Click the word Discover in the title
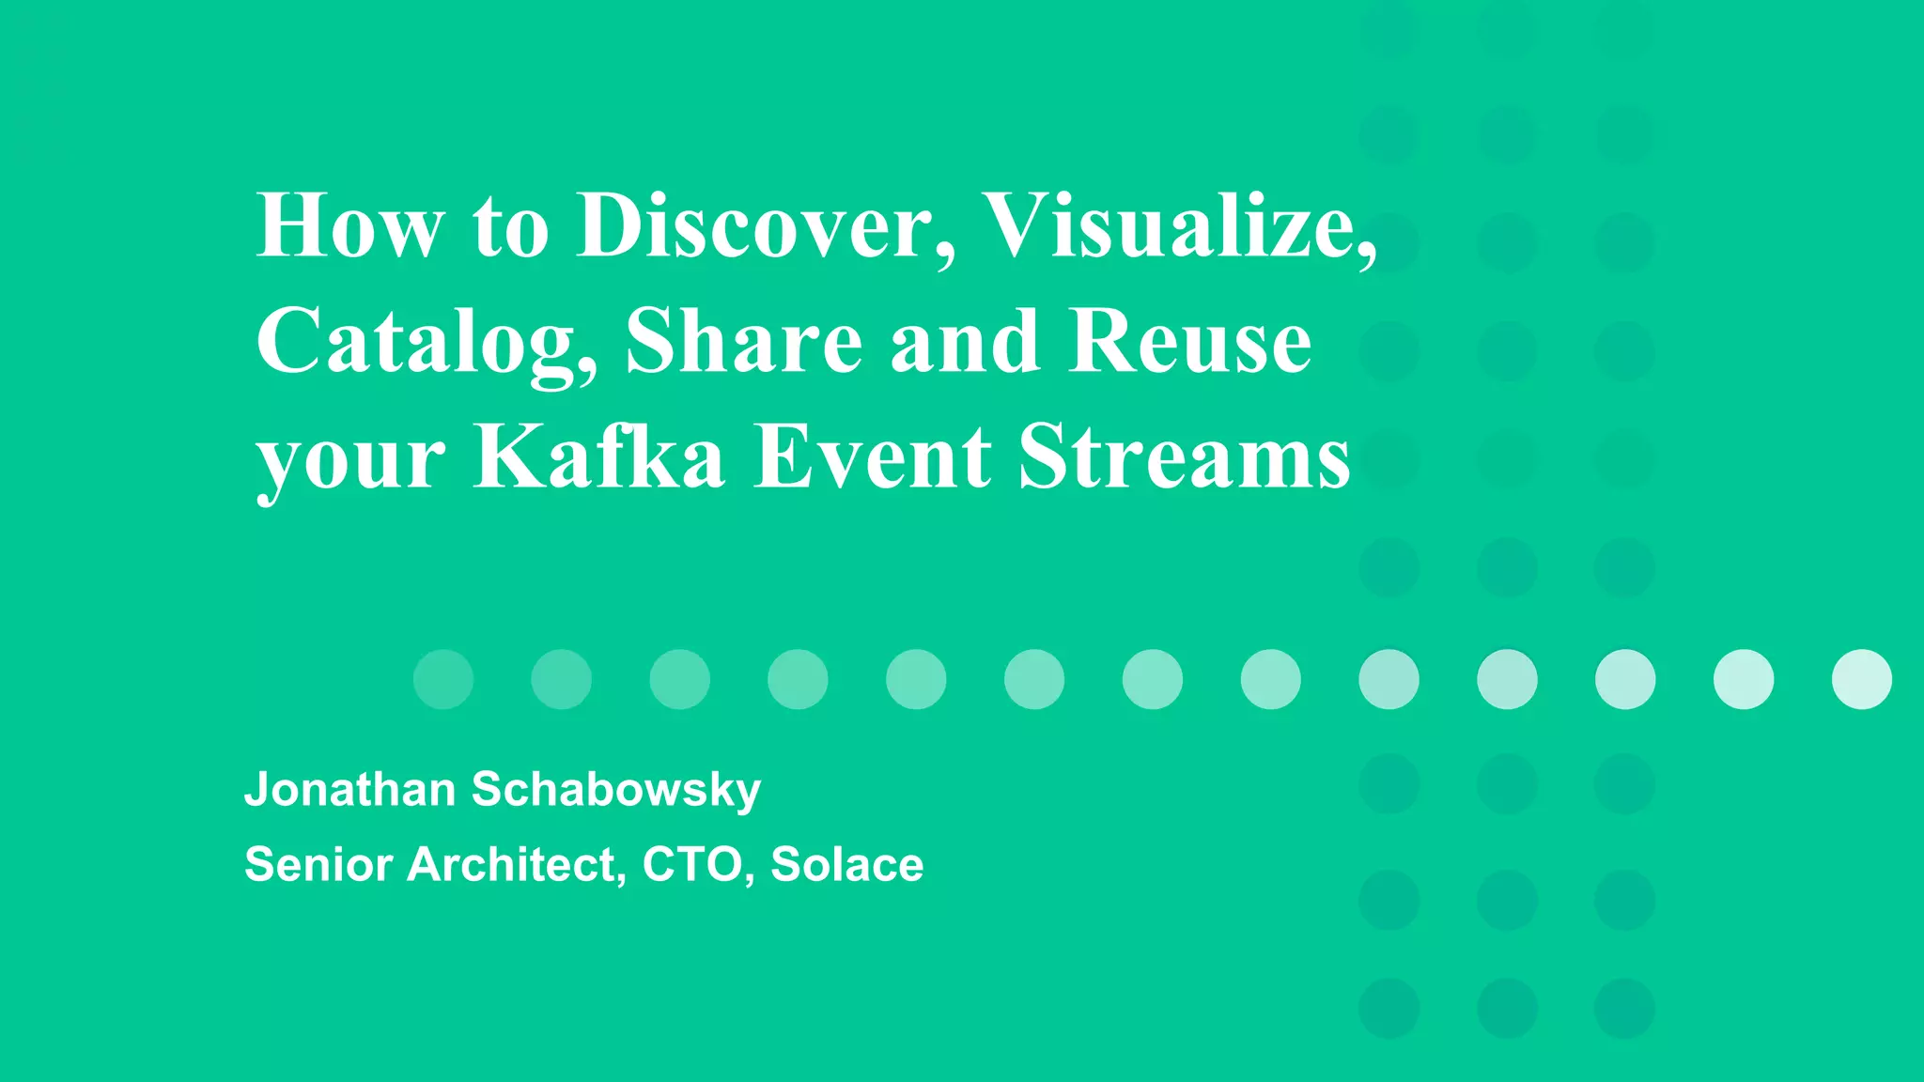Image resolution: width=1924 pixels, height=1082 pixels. (x=756, y=225)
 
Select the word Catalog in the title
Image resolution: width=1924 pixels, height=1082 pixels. (x=427, y=343)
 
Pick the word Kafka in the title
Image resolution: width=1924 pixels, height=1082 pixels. (x=599, y=456)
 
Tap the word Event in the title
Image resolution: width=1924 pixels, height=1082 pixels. (x=872, y=456)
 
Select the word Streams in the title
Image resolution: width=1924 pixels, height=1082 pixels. (x=1185, y=456)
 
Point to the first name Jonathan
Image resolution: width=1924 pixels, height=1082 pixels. (x=349, y=789)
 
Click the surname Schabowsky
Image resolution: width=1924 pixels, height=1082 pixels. (x=615, y=789)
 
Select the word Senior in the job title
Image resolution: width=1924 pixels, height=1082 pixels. (x=318, y=864)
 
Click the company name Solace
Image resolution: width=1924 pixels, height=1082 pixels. (x=846, y=864)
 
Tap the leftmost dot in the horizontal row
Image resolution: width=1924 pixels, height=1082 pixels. (x=443, y=679)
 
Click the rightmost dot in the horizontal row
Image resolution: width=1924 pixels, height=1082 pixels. (x=1861, y=679)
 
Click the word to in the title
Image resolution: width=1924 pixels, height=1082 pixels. (x=510, y=227)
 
